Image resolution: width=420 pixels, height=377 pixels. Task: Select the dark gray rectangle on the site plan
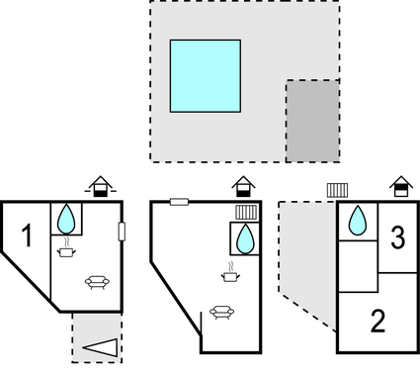[x=312, y=120]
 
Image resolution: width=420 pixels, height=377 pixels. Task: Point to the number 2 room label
[x=378, y=321]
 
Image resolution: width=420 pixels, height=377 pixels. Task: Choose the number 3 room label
[x=397, y=237]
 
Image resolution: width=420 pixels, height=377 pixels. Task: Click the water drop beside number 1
[x=66, y=218]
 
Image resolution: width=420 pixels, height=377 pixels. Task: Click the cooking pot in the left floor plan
[x=66, y=253]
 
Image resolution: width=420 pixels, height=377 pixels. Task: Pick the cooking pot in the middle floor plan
[x=229, y=278]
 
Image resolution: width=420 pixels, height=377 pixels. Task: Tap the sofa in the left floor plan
[x=96, y=282]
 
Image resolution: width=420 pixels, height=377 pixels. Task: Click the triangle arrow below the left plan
[x=102, y=348]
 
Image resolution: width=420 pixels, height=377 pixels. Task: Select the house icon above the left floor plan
[x=97, y=185]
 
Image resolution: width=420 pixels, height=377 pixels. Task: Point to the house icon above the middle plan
[x=242, y=186]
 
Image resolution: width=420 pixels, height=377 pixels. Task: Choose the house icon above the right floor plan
[x=400, y=185]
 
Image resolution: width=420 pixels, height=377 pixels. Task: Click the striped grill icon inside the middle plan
[x=246, y=212]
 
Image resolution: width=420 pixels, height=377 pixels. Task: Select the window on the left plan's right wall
[x=122, y=232]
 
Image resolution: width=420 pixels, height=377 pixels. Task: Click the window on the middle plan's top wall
[x=179, y=202]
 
